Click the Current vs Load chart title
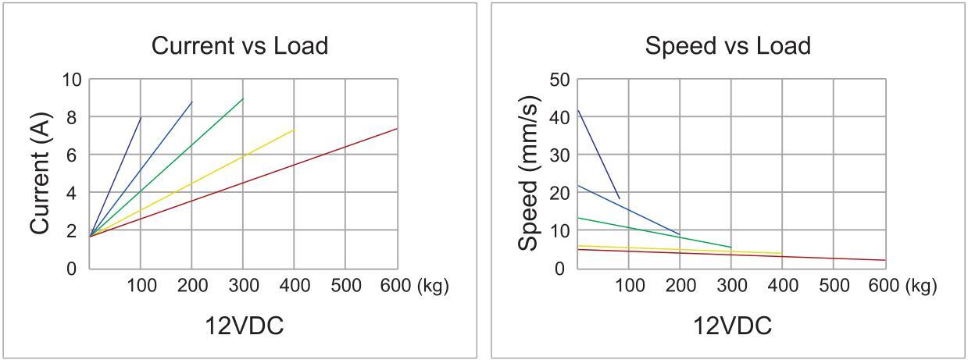click(239, 45)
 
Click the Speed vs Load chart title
click(727, 45)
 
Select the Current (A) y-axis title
click(41, 173)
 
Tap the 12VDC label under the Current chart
click(244, 326)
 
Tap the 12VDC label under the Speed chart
click(732, 326)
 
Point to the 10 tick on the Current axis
click(72, 80)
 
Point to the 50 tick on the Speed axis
click(559, 80)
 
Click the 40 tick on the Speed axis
click(559, 117)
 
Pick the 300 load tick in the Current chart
click(243, 286)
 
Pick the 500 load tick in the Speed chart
click(833, 286)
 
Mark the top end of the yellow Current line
click(294, 130)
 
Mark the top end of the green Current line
click(243, 98)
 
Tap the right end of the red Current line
click(397, 129)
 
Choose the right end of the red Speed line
click(885, 260)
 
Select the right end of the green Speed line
click(731, 248)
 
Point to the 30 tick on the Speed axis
click(559, 155)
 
